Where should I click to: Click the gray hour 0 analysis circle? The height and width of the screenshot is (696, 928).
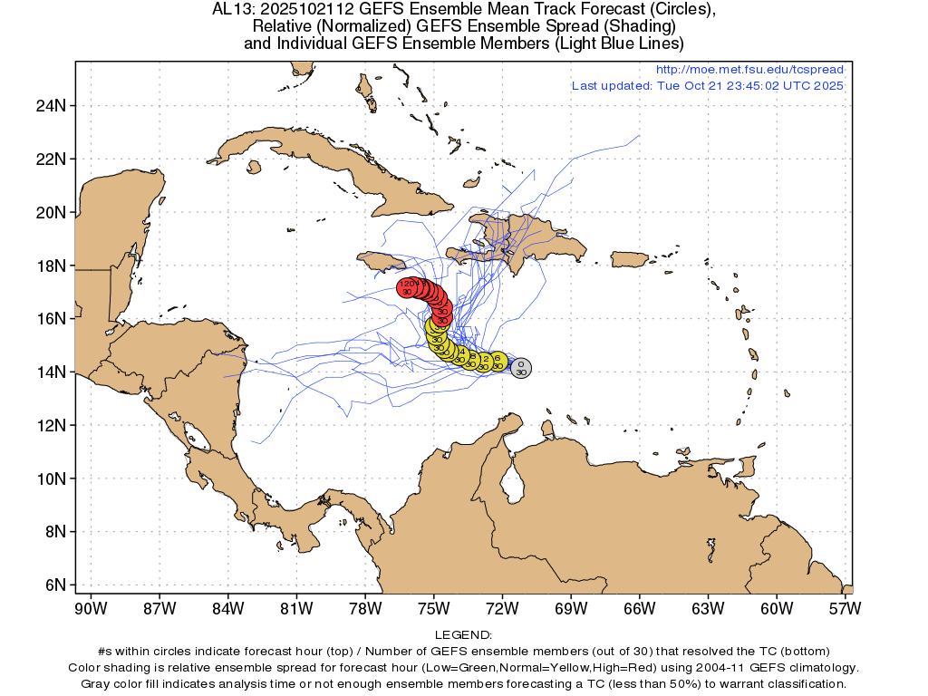520,367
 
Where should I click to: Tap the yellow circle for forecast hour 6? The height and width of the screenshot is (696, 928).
498,362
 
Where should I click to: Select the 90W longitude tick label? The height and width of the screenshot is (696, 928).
91,608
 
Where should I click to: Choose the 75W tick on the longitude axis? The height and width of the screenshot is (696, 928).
433,608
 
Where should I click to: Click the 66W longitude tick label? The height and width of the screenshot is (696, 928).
639,608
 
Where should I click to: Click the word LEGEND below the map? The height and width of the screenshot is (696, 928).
463,635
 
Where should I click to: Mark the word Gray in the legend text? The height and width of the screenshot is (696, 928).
97,682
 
